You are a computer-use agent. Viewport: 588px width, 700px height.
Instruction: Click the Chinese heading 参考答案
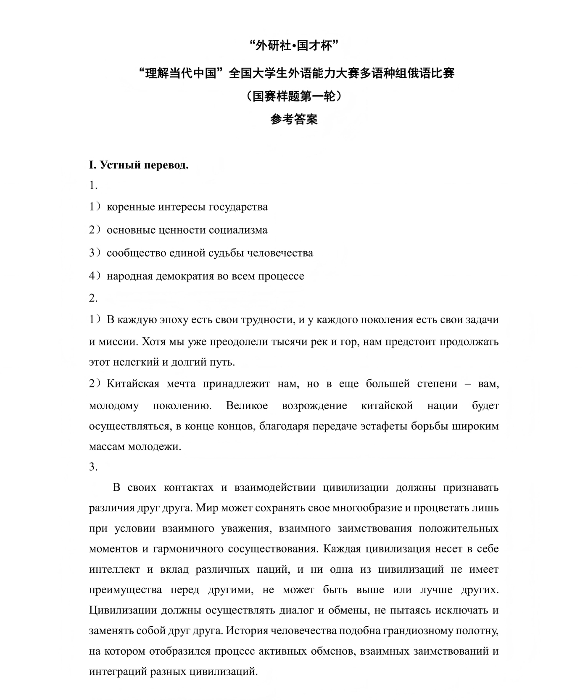pos(294,120)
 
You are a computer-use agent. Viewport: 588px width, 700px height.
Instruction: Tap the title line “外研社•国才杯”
pos(294,46)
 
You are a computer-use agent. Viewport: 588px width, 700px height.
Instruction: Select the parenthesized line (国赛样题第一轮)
pos(294,96)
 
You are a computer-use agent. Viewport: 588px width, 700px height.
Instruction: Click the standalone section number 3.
pos(93,467)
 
